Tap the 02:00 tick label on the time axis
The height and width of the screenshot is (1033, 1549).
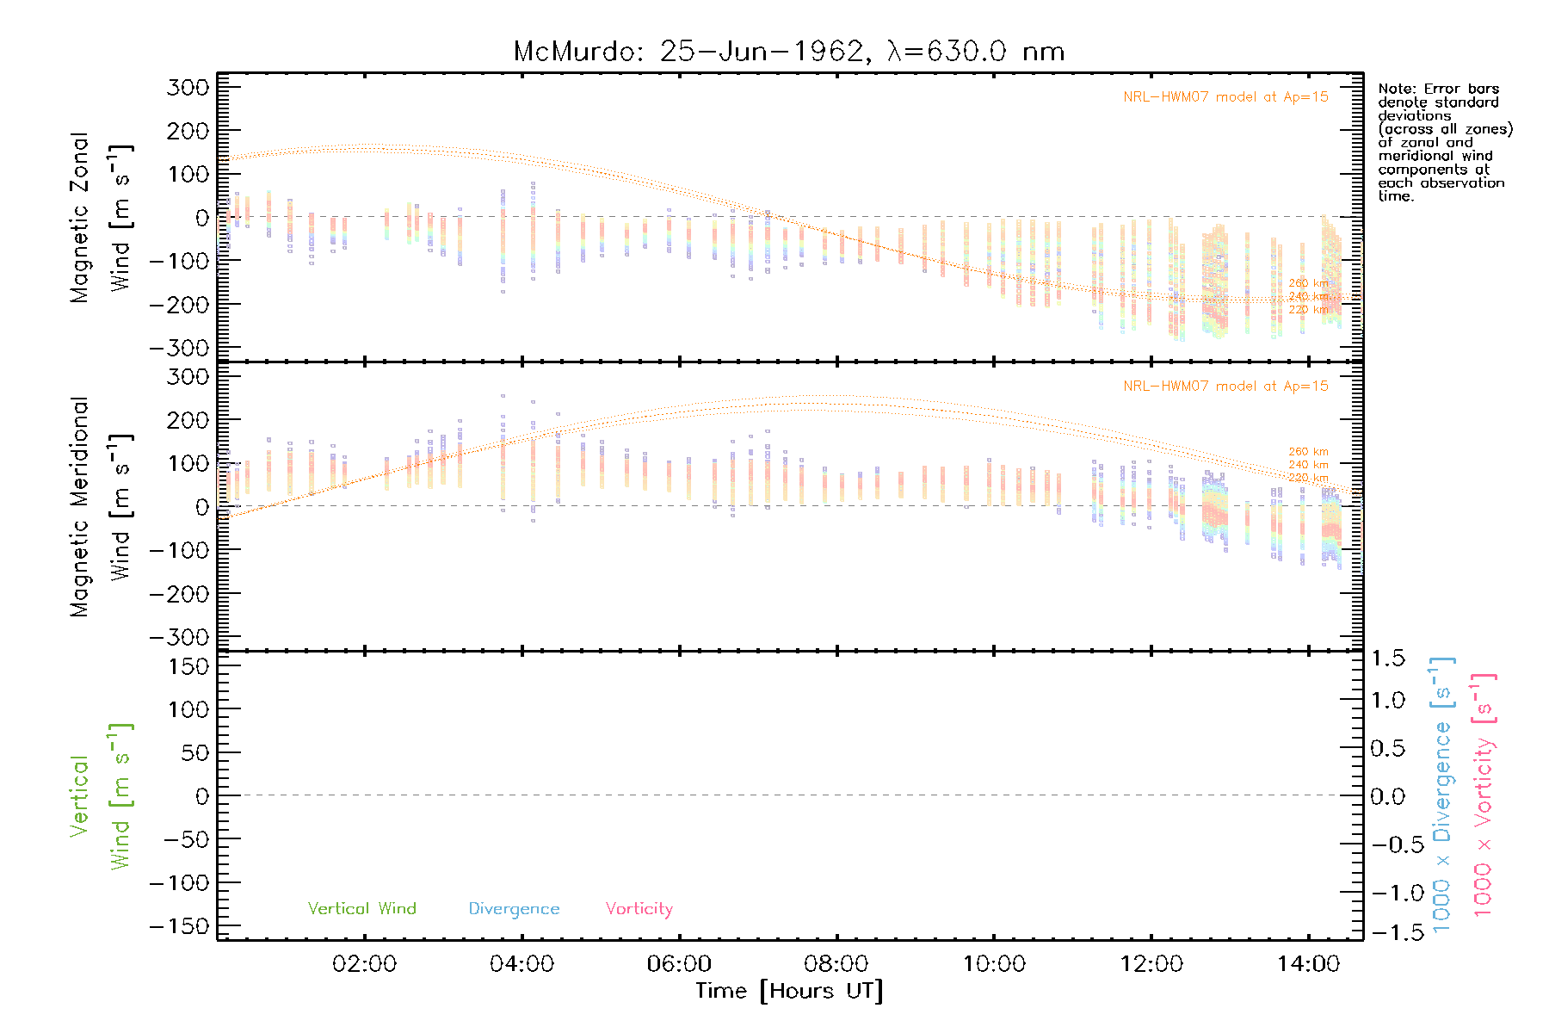click(364, 964)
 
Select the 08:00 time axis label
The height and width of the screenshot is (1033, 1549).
click(836, 964)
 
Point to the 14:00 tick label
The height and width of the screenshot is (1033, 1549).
click(1308, 964)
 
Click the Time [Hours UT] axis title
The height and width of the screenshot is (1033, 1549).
click(789, 991)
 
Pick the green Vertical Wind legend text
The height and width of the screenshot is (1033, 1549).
click(361, 909)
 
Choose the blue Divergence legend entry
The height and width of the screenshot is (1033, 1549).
click(514, 909)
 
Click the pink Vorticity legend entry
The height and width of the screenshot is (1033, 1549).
click(639, 909)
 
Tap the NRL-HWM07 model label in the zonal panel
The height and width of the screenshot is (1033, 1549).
click(1225, 97)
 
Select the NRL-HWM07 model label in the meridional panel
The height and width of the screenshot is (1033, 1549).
click(1225, 387)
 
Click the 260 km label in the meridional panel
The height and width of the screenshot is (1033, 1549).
click(1308, 452)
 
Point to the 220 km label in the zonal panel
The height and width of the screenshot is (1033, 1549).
click(1308, 310)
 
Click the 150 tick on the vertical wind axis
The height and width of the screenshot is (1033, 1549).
click(189, 666)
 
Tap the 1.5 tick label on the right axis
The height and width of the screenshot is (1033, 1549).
click(1388, 659)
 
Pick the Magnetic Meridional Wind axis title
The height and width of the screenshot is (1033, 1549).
click(102, 507)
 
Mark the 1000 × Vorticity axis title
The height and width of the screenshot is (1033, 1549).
click(1484, 795)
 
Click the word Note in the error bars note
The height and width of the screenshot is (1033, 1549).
click(1395, 89)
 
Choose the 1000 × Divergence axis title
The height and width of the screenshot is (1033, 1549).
click(1442, 795)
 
